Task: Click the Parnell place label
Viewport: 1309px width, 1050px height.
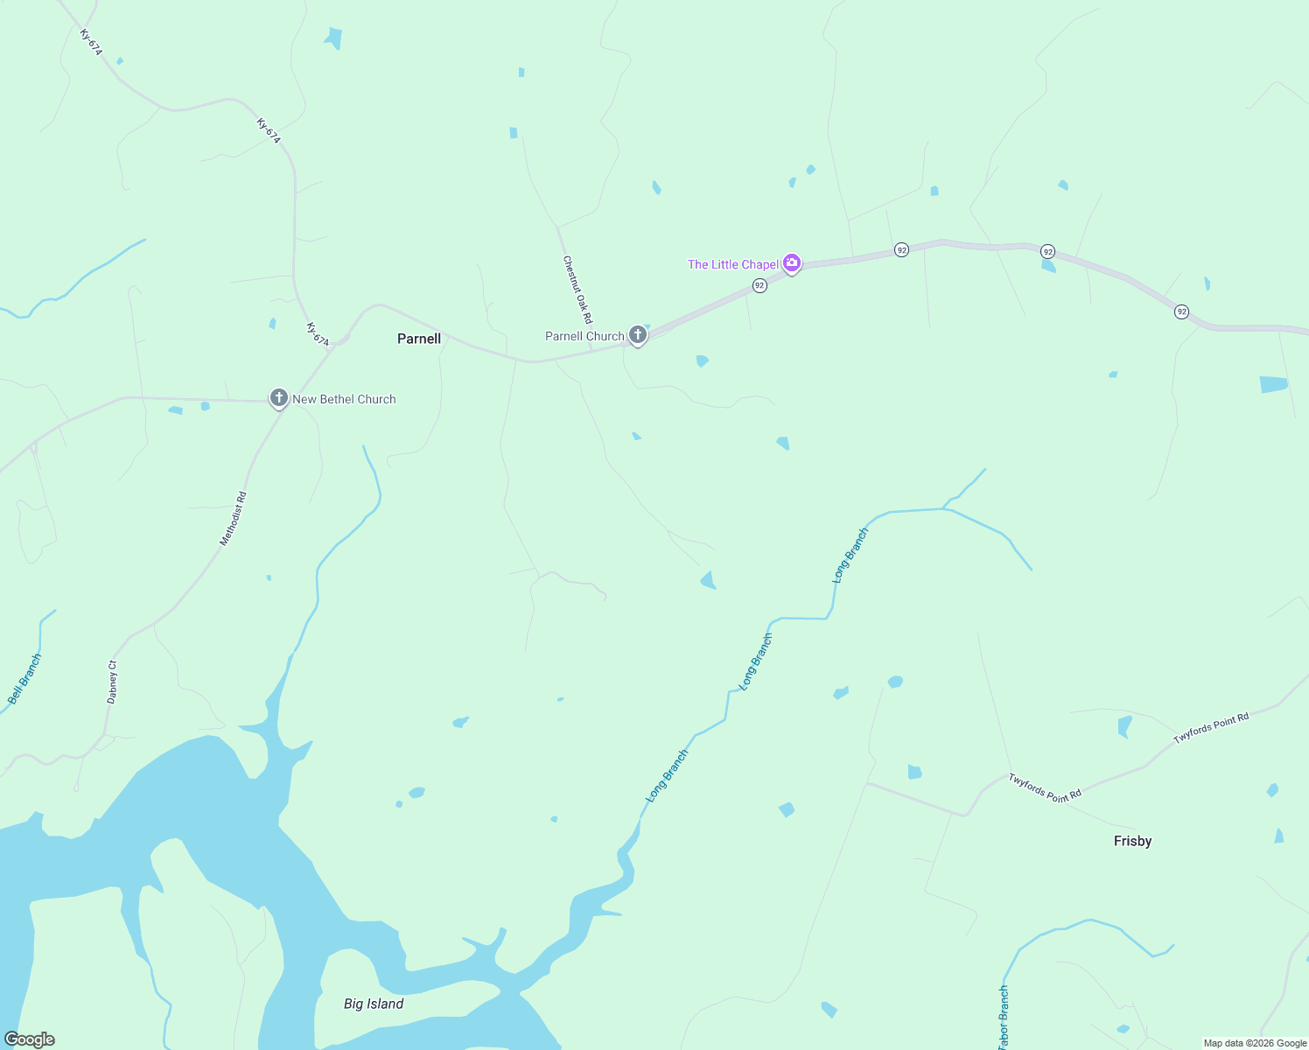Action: tap(419, 339)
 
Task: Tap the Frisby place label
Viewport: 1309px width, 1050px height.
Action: tap(1132, 841)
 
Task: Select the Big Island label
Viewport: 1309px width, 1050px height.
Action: tap(374, 1004)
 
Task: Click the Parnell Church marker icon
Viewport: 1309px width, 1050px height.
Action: tap(638, 334)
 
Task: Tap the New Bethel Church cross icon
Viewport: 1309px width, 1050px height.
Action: tap(278, 398)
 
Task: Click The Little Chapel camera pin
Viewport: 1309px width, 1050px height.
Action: tap(792, 262)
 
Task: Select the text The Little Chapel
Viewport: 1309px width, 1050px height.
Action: tap(732, 264)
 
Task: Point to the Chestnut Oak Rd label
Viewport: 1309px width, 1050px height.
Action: tap(577, 290)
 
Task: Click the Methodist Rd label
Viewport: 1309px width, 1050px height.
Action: tap(233, 519)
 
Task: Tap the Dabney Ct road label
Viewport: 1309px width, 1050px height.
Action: tap(112, 682)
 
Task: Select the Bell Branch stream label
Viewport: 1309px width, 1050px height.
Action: tap(24, 679)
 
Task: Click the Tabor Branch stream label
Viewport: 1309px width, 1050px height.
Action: tap(1004, 1017)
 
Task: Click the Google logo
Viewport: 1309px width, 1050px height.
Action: tap(30, 1039)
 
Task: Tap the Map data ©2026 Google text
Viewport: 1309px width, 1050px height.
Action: tap(1255, 1043)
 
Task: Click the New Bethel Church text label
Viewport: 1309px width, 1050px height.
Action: tap(344, 399)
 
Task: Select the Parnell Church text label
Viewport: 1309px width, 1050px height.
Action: tap(584, 336)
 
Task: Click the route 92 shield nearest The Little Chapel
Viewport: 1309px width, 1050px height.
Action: tap(759, 285)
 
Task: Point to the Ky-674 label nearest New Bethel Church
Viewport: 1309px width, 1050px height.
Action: tap(318, 334)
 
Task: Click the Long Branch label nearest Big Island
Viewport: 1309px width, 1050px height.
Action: tap(667, 776)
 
